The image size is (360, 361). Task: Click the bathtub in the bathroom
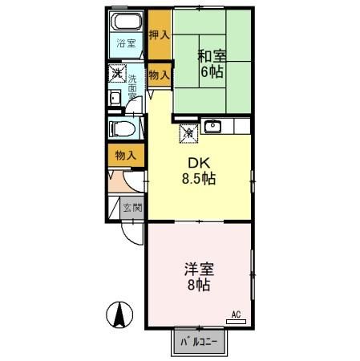tap(127, 22)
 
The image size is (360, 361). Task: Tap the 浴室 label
tap(126, 43)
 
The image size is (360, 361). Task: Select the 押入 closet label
tap(159, 35)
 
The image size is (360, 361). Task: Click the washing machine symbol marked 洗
tap(117, 76)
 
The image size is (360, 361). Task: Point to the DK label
tap(198, 163)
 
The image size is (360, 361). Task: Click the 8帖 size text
tap(199, 286)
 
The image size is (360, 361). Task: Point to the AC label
tap(236, 314)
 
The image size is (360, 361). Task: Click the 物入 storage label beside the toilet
tap(125, 154)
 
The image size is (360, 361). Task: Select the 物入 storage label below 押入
tap(159, 75)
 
